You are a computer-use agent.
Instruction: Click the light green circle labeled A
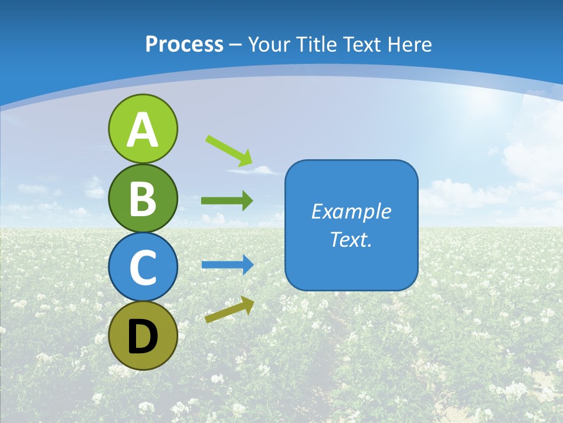[143, 129]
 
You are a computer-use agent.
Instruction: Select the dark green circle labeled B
[143, 198]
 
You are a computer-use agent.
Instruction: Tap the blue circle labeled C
[143, 267]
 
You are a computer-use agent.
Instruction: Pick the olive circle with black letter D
[143, 335]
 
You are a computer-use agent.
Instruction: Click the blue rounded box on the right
[351, 225]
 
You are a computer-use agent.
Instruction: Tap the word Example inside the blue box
[351, 211]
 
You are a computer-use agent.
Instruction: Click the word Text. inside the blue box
[351, 240]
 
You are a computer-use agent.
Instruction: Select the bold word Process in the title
[184, 44]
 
